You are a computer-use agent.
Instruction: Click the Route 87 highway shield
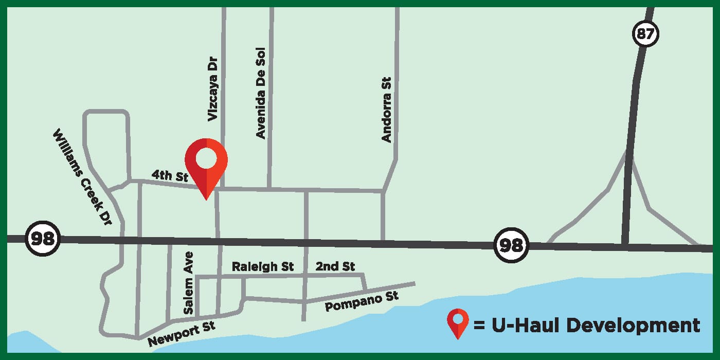pyautogui.click(x=645, y=35)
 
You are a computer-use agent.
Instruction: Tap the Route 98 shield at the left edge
pyautogui.click(x=44, y=239)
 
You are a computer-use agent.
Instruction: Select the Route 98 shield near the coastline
pyautogui.click(x=511, y=245)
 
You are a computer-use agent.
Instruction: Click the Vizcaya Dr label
pyautogui.click(x=213, y=89)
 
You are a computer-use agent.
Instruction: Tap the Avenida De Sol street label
pyautogui.click(x=261, y=93)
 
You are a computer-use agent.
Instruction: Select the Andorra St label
pyautogui.click(x=387, y=110)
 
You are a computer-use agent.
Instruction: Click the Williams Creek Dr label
pyautogui.click(x=82, y=176)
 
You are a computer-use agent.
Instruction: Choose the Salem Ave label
pyautogui.click(x=188, y=283)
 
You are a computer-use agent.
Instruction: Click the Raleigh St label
pyautogui.click(x=262, y=266)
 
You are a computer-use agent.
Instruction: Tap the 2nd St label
pyautogui.click(x=335, y=266)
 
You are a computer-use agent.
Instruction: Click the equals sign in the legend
pyautogui.click(x=479, y=326)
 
